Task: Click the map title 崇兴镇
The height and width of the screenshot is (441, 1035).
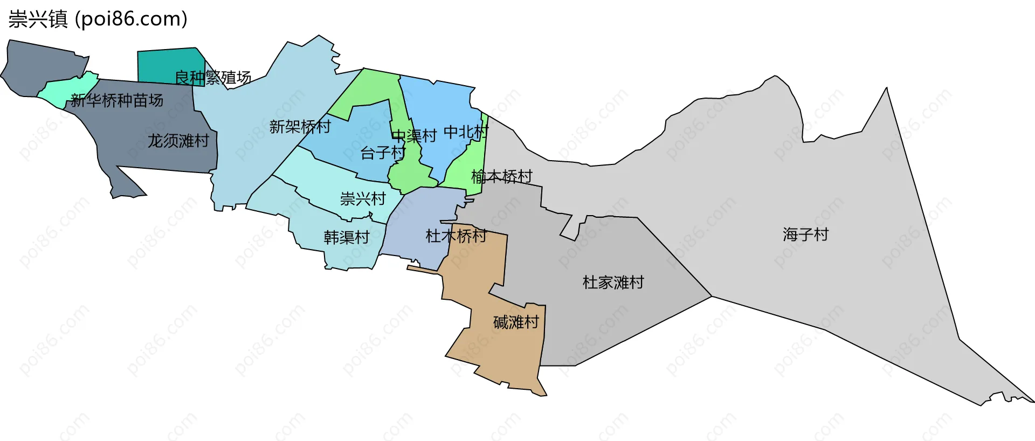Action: [x=38, y=19]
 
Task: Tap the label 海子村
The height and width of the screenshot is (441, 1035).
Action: [x=805, y=235]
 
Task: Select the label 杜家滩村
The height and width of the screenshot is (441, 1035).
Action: [x=613, y=282]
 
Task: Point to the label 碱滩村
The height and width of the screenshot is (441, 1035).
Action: [x=516, y=322]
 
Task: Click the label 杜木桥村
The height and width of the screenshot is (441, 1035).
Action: [x=456, y=236]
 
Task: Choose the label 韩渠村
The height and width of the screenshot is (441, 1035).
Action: [x=346, y=237]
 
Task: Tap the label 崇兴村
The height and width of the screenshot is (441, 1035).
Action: [x=363, y=199]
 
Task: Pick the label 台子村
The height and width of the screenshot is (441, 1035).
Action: [x=382, y=153]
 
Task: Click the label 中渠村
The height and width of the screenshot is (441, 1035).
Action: [x=414, y=136]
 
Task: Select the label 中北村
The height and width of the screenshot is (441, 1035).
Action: [x=466, y=132]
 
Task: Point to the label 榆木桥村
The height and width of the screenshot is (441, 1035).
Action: [x=501, y=176]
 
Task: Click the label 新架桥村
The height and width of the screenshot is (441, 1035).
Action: [x=300, y=127]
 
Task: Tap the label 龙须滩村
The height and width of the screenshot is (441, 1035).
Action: [x=178, y=141]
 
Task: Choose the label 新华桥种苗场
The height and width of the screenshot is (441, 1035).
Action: [x=116, y=100]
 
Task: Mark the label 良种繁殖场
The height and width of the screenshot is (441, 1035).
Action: [x=213, y=78]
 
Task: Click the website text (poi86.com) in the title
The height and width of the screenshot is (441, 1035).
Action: [x=131, y=19]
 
